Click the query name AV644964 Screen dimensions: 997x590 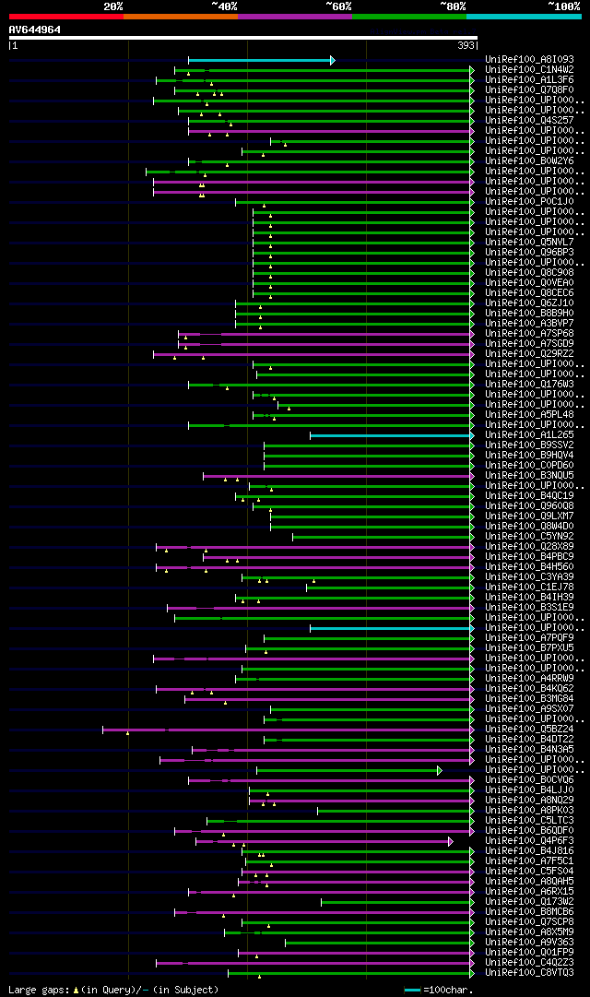point(35,30)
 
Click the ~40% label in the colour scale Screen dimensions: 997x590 point(224,6)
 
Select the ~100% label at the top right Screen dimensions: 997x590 point(562,6)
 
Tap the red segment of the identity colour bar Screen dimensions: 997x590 point(65,16)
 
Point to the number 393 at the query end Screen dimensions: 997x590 point(466,45)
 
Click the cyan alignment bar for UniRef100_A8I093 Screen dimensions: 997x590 point(260,60)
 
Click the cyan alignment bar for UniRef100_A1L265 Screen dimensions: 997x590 point(391,434)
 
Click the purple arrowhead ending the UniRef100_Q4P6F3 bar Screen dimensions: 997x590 point(451,841)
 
